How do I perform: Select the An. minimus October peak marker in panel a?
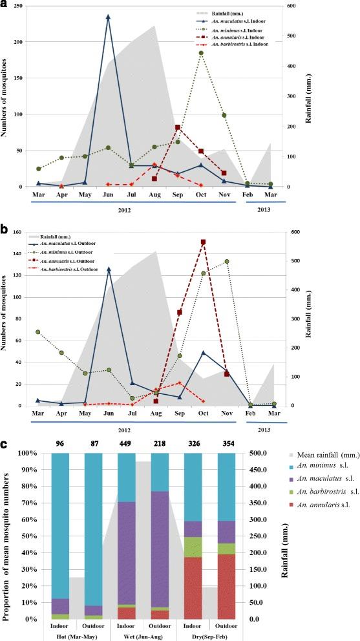(201, 53)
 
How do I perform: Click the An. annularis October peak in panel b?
(203, 242)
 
